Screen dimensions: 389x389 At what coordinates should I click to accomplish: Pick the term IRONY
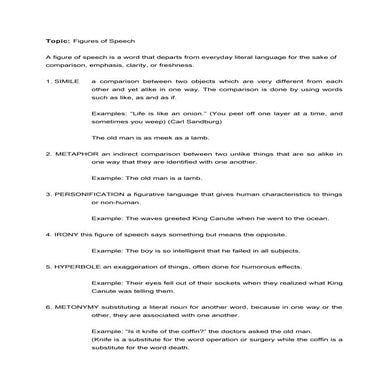[x=64, y=233]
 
